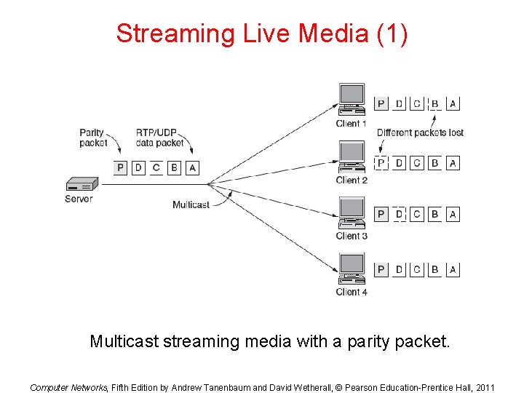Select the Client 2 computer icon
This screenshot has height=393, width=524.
(x=352, y=159)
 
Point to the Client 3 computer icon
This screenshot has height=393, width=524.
(x=352, y=214)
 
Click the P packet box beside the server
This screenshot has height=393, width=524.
(x=122, y=168)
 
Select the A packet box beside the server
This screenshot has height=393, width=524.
(x=192, y=168)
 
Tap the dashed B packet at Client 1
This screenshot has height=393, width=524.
(x=435, y=103)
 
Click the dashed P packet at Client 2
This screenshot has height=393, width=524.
(x=381, y=163)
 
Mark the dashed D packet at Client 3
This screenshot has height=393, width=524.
(x=399, y=214)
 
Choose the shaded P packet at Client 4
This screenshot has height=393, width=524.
(x=381, y=270)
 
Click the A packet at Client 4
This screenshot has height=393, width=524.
(x=453, y=270)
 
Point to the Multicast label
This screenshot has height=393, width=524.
(x=191, y=205)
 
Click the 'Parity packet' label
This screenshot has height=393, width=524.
(x=93, y=138)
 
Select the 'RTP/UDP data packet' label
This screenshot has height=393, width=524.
(x=160, y=138)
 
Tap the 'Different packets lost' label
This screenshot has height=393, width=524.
(x=420, y=132)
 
